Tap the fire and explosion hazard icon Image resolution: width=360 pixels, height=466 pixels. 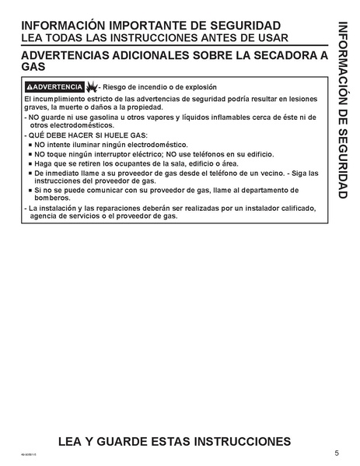(92, 86)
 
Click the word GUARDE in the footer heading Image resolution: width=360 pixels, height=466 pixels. (123, 442)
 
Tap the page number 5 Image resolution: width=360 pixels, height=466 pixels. (336, 453)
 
